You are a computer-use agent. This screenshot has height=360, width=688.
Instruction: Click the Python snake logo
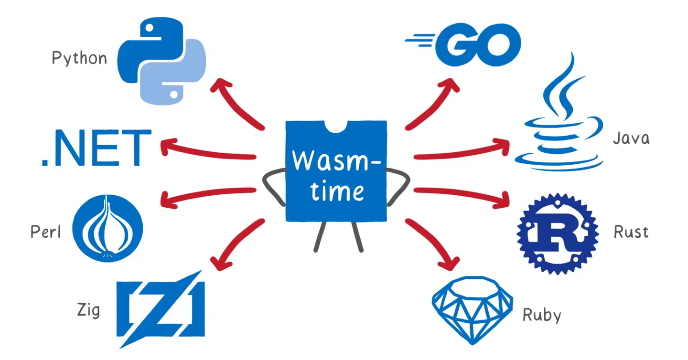click(x=161, y=61)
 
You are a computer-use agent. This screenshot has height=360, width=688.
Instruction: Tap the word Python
click(x=79, y=59)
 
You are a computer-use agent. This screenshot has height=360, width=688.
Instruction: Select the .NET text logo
click(x=96, y=148)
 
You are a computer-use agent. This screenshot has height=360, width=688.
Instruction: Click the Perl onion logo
click(x=107, y=228)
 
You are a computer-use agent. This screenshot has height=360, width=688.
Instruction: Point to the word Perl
click(x=46, y=232)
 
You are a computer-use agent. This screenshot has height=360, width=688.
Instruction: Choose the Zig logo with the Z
click(x=161, y=308)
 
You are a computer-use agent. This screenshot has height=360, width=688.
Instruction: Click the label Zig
click(x=88, y=310)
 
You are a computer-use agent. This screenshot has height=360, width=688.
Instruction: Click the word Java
click(x=631, y=138)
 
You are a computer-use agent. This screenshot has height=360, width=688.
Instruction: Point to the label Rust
click(x=631, y=233)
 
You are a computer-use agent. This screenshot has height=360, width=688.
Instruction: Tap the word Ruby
click(x=541, y=315)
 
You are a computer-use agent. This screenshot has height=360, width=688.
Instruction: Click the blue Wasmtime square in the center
click(x=336, y=171)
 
